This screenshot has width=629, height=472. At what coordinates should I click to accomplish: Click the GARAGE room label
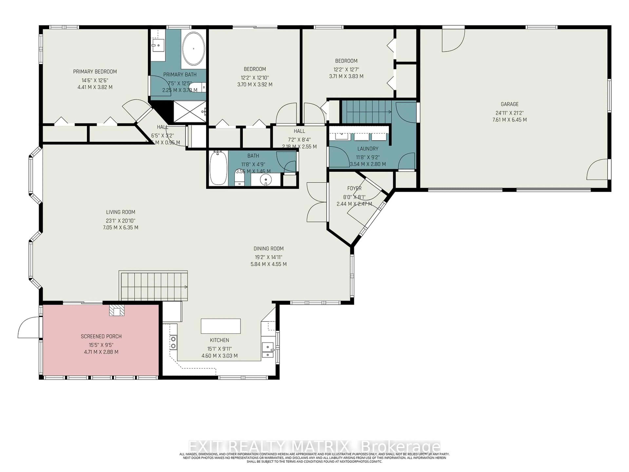510,104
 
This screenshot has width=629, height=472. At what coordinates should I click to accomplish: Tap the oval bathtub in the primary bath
193,49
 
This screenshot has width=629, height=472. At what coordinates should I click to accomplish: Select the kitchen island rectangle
221,326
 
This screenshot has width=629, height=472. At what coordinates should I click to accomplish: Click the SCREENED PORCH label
101,336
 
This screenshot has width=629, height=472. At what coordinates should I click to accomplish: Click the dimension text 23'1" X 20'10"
121,220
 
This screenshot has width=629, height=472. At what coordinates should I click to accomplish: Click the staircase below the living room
153,286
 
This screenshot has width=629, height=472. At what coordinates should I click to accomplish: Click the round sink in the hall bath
266,180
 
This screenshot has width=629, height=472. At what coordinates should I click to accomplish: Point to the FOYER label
354,188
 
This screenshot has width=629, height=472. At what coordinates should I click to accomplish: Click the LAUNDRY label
368,148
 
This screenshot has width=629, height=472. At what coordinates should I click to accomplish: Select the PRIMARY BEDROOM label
95,71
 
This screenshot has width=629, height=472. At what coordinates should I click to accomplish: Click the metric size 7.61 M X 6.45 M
510,120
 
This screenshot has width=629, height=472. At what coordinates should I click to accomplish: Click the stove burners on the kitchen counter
173,342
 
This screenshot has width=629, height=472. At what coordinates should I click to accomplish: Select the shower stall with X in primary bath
190,111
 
